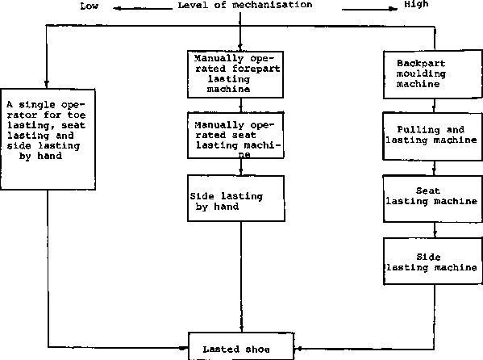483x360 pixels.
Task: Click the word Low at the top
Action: [x=90, y=6]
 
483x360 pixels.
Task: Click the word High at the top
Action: [x=416, y=4]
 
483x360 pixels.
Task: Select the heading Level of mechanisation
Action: [x=245, y=5]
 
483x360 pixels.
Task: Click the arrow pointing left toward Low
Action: [x=143, y=9]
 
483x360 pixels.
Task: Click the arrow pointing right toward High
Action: [x=369, y=9]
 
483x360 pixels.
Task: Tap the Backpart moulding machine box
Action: [x=433, y=74]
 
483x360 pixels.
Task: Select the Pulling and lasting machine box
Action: [x=432, y=136]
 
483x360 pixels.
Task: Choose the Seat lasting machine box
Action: [x=433, y=199]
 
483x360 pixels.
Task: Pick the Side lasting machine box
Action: [x=433, y=261]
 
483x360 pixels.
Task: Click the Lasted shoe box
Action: [x=241, y=346]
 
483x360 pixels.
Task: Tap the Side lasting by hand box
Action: [x=236, y=199]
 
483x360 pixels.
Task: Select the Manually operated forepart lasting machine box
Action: [x=235, y=74]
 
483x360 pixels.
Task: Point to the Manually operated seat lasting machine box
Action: [x=235, y=136]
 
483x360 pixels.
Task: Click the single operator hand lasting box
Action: [x=48, y=139]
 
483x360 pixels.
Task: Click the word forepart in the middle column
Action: [x=256, y=69]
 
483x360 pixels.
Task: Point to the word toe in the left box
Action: [x=77, y=115]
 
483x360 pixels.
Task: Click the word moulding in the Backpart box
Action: [x=421, y=74]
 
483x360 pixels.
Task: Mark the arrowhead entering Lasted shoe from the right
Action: [x=298, y=349]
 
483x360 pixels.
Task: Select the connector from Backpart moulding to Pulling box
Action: [x=435, y=106]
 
